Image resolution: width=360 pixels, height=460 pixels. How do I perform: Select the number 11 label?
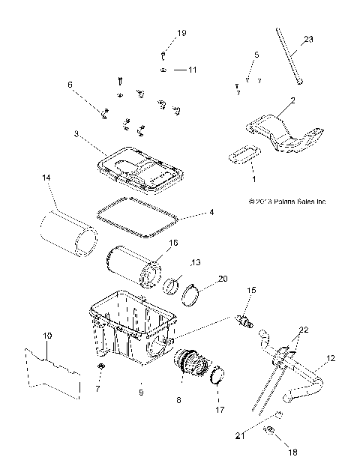192,70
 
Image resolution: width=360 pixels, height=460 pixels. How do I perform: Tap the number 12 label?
331,360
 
